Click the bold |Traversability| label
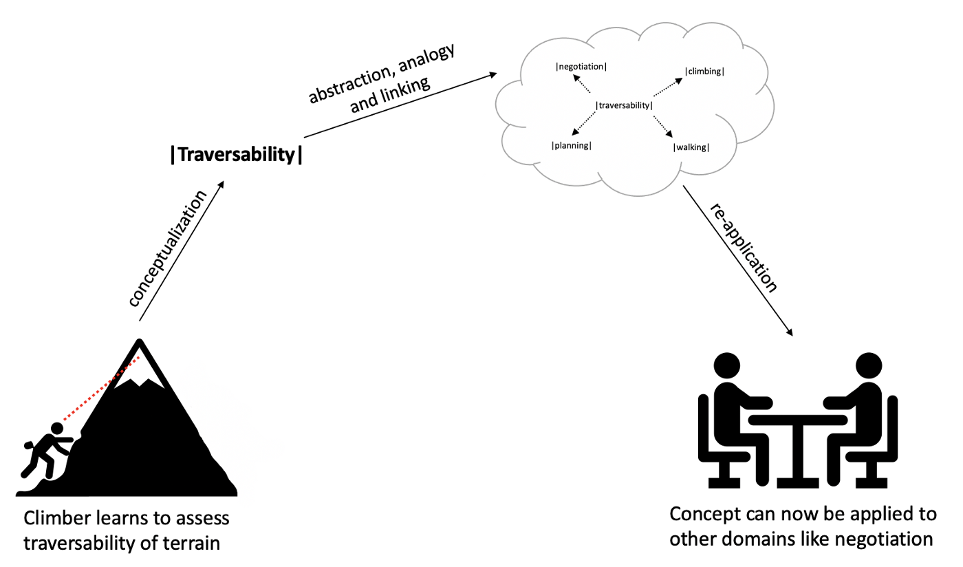click(x=236, y=155)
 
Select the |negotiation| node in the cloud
click(x=581, y=67)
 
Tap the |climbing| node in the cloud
click(x=704, y=71)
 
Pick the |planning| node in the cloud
click(x=572, y=145)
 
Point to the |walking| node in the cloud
click(x=691, y=147)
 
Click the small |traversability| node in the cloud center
click(x=623, y=105)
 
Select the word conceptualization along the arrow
click(x=168, y=249)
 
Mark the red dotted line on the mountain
click(x=103, y=388)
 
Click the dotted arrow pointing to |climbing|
click(x=667, y=87)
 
